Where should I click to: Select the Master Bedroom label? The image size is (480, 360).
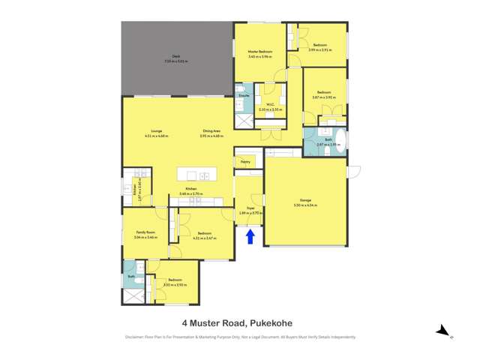(260, 52)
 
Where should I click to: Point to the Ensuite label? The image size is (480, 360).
(244, 96)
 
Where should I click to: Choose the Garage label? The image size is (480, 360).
(305, 200)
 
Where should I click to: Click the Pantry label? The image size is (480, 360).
(245, 161)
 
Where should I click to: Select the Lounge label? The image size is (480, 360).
(157, 132)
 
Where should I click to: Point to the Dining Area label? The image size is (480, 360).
(212, 132)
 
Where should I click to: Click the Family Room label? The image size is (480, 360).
(145, 232)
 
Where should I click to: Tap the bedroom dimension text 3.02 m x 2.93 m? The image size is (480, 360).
(174, 284)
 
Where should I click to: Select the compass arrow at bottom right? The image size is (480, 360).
(444, 330)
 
